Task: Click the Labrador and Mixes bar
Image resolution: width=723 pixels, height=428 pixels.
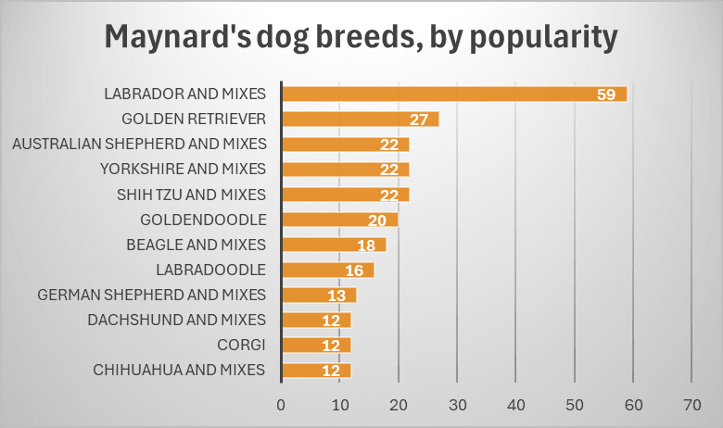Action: pos(454,94)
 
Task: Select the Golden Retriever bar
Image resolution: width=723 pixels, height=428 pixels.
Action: pos(360,119)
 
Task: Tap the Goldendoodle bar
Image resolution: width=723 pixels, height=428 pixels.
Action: pos(339,220)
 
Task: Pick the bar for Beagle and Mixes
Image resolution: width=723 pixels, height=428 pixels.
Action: pos(334,245)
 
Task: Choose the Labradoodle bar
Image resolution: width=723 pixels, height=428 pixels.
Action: pos(327,270)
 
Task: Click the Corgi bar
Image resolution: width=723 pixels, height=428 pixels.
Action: pos(316,346)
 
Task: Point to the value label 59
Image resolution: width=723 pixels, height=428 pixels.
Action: pos(608,94)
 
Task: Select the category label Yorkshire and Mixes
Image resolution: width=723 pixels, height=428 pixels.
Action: pos(183,169)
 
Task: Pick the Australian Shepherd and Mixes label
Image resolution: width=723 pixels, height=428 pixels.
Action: pos(139,144)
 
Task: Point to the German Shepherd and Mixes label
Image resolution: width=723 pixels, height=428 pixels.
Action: pos(152,295)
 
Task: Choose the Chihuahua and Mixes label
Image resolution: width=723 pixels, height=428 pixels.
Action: pos(180,371)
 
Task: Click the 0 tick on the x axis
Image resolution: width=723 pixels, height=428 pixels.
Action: pos(281,405)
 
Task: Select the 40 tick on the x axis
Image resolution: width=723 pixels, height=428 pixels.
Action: pos(515,405)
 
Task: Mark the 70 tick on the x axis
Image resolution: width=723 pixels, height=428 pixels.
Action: pos(691,405)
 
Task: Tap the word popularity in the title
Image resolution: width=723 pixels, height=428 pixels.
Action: pos(538,37)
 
